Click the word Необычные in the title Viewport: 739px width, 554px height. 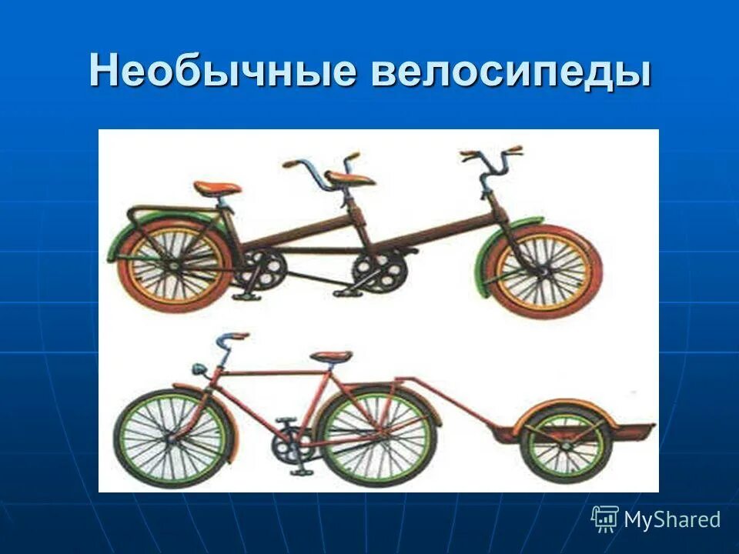(x=223, y=72)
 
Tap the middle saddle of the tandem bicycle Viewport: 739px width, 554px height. (x=350, y=179)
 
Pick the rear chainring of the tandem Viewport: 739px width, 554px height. (x=260, y=269)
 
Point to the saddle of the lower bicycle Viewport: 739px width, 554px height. (x=332, y=356)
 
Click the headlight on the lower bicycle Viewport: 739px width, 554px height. (x=198, y=369)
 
